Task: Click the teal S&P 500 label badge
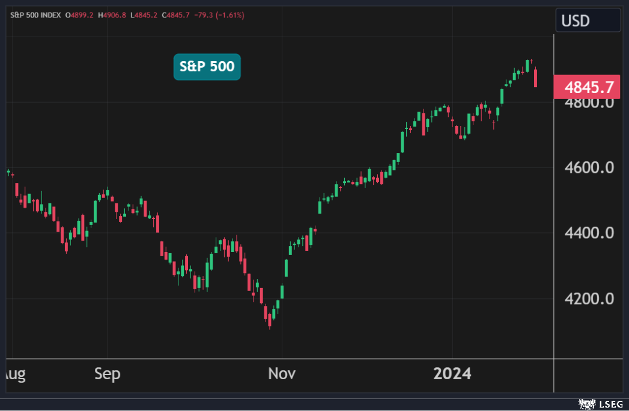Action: [x=207, y=67]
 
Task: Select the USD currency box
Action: [x=588, y=20]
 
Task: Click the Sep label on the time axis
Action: [x=108, y=374]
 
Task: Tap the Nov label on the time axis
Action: [x=282, y=374]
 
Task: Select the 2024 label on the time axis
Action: [x=452, y=374]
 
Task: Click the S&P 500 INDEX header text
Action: [x=35, y=15]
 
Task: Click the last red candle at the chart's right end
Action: [x=535, y=78]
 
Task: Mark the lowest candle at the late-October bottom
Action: [x=270, y=320]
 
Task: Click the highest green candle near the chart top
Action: [x=527, y=65]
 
